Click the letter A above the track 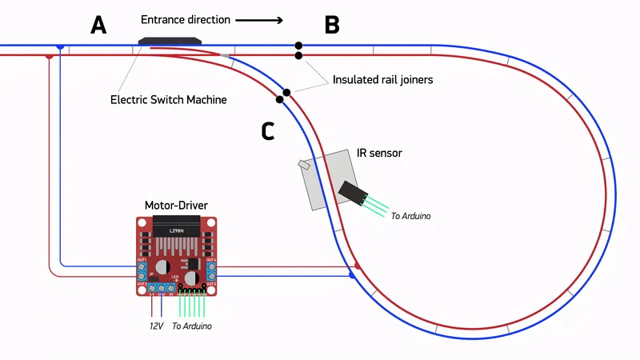pos(98,26)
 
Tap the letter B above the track pos(332,26)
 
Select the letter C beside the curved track pos(269,130)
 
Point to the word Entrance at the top pos(165,19)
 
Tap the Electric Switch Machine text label pos(168,100)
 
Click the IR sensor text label pos(379,152)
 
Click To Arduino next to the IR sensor pos(411,216)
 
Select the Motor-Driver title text pos(176,206)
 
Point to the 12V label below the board pos(155,326)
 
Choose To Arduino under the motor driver pos(193,326)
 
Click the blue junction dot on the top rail pos(60,46)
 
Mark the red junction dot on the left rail pos(50,57)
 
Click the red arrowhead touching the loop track pos(358,265)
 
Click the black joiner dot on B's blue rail pos(298,46)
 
